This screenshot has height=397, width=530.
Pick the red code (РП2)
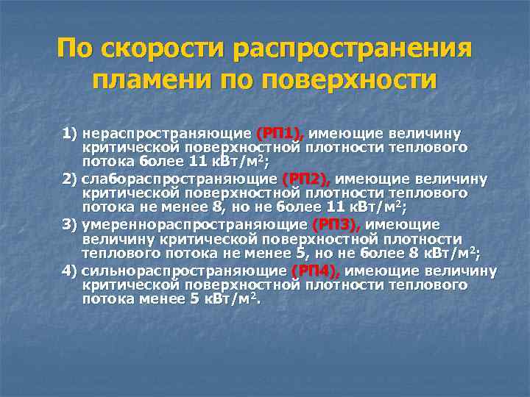point(306,179)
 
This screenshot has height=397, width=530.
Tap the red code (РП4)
point(316,271)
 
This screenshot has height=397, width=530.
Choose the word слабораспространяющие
point(180,179)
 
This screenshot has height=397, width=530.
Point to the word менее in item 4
point(156,300)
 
